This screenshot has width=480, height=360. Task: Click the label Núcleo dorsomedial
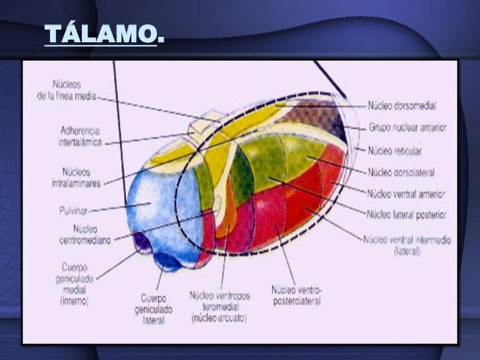(402, 105)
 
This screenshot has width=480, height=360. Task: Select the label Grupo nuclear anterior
(406, 127)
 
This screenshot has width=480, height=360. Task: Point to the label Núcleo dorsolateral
(401, 172)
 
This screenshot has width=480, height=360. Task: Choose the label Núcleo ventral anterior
(405, 194)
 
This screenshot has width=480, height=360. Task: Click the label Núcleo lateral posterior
(406, 214)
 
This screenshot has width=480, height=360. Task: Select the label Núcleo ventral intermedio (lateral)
(407, 245)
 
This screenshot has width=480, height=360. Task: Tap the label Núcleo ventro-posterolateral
(296, 295)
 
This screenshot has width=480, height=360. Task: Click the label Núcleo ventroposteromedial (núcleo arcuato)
(220, 307)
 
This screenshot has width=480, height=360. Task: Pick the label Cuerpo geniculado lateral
(154, 309)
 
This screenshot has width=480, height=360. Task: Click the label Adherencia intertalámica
(80, 135)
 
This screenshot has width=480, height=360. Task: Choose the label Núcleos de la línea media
(67, 90)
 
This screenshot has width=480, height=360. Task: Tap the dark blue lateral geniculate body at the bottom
(167, 262)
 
